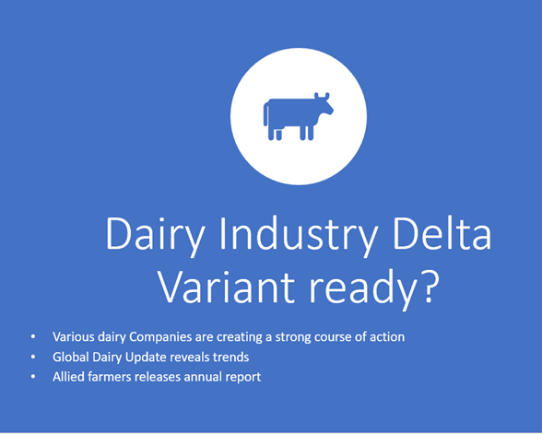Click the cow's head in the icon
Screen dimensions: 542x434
point(324,107)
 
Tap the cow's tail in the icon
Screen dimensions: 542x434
point(265,113)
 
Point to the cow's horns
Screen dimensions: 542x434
point(322,96)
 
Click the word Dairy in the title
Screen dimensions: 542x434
point(155,235)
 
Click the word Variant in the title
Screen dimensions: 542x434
point(227,286)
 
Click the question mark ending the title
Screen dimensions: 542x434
point(430,287)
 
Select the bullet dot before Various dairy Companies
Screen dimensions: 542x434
point(33,336)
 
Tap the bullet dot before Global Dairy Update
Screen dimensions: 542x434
point(33,357)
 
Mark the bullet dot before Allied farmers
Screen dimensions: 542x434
point(33,377)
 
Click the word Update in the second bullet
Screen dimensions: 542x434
point(146,358)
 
